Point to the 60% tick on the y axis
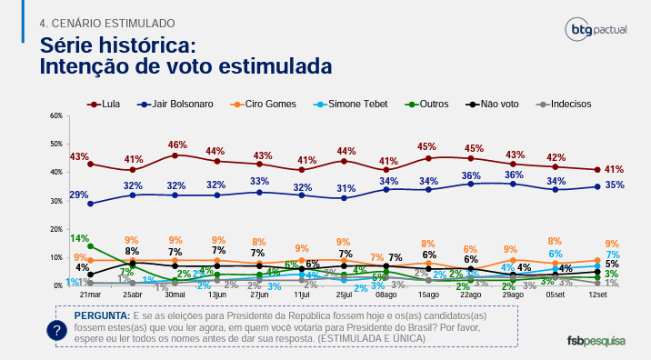click(55, 115)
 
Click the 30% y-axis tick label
click(55, 201)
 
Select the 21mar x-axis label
click(90, 296)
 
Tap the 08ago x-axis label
click(386, 296)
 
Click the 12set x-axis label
click(597, 296)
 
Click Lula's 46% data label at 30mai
click(177, 145)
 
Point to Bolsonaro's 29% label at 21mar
click(79, 195)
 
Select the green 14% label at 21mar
click(79, 238)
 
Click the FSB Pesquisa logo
click(596, 340)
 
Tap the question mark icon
click(57, 331)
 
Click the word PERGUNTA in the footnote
click(102, 314)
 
